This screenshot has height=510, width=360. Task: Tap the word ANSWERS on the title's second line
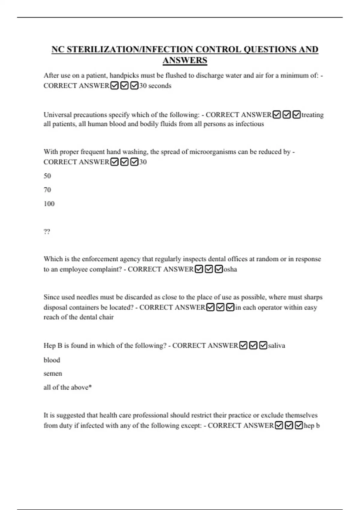pyautogui.click(x=185, y=60)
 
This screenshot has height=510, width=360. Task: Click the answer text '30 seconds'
pyautogui.click(x=155, y=86)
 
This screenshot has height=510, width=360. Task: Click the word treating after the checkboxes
pyautogui.click(x=313, y=115)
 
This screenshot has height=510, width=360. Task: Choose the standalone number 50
pyautogui.click(x=47, y=176)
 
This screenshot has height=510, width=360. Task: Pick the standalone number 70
pyautogui.click(x=47, y=190)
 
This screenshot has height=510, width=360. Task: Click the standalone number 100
pyautogui.click(x=49, y=204)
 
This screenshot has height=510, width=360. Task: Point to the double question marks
pyautogui.click(x=47, y=232)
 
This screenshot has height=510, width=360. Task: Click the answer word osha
pyautogui.click(x=230, y=269)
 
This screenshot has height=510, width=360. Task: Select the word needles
pyautogui.click(x=87, y=297)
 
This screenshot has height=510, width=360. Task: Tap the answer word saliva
pyautogui.click(x=277, y=346)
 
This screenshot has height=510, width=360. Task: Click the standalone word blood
pyautogui.click(x=52, y=360)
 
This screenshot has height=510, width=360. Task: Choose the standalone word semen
pyautogui.click(x=53, y=374)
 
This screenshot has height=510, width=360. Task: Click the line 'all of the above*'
pyautogui.click(x=67, y=388)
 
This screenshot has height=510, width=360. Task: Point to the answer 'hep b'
pyautogui.click(x=312, y=426)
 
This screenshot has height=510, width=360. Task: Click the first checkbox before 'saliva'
pyautogui.click(x=244, y=346)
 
